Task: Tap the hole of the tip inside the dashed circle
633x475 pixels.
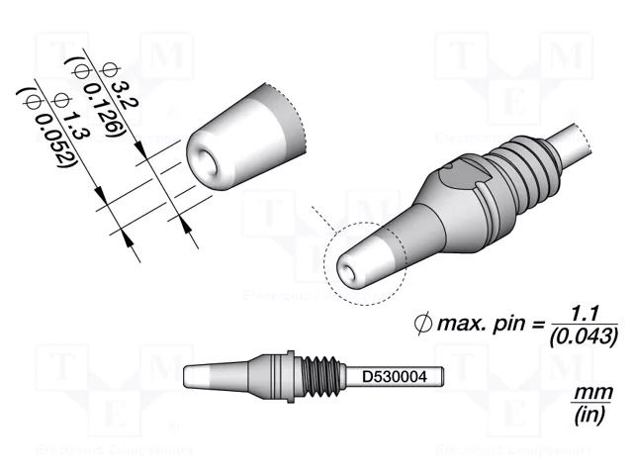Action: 347,265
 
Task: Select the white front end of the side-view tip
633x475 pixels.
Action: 200,377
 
